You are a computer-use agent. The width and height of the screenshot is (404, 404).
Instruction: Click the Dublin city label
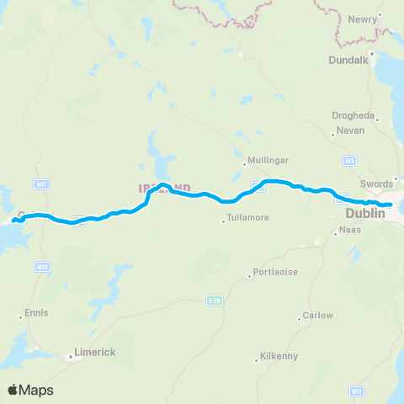point(364,215)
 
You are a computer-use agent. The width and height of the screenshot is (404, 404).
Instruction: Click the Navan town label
point(348,130)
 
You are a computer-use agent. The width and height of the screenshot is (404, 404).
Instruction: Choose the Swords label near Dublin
point(376,183)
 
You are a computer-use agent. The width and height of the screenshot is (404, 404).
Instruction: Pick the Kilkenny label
point(279,356)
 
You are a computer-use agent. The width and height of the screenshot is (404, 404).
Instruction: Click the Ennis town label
point(36,312)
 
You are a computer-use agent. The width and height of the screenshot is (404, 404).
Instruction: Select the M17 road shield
point(41,182)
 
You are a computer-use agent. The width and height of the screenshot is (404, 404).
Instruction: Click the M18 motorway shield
point(41,266)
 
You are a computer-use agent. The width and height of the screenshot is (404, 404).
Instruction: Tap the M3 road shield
point(349,159)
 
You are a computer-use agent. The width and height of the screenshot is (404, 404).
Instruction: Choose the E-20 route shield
point(214,299)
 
